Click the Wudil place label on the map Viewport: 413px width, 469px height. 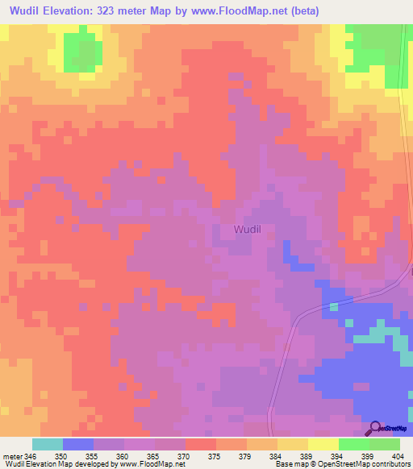[247, 230]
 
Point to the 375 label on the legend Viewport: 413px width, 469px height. [215, 456]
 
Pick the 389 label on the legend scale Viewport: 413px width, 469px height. [307, 456]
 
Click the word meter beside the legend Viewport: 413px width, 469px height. [11, 456]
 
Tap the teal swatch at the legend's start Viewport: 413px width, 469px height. [47, 444]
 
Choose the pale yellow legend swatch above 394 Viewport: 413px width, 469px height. [323, 444]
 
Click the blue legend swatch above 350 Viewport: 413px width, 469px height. [77, 444]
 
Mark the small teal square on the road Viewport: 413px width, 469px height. [334, 306]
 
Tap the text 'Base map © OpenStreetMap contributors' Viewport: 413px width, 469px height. [342, 464]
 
